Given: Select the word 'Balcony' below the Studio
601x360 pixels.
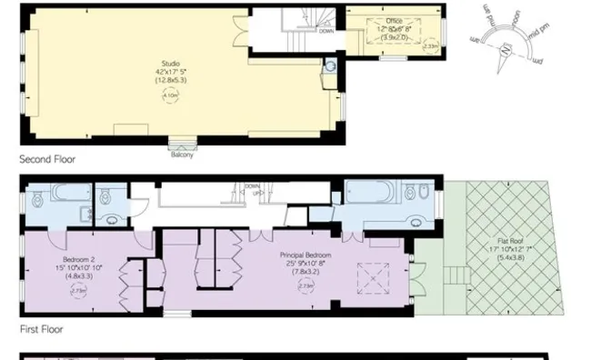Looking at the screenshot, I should click(182, 154).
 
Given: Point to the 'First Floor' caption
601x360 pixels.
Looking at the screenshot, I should click(41, 329).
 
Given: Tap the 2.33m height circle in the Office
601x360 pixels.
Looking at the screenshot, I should click(431, 45).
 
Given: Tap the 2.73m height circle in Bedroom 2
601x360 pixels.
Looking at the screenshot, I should click(77, 291).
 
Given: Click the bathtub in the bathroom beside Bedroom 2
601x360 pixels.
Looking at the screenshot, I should click(64, 194).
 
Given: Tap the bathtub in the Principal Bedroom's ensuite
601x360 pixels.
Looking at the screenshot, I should click(371, 195).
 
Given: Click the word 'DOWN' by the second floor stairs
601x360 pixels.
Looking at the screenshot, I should click(325, 30).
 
